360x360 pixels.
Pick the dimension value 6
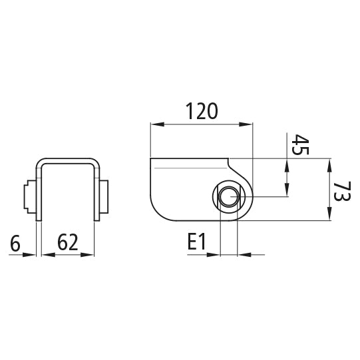coord(16,243)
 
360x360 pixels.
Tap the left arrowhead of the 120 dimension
coord(155,124)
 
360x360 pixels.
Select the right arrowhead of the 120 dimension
coord(249,124)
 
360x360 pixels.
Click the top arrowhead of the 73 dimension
coord(330,163)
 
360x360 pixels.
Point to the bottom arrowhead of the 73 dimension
coord(330,216)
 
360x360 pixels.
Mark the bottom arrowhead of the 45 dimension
coord(287,192)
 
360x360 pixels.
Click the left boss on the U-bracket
coord(29,198)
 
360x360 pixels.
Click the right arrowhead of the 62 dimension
coord(93,254)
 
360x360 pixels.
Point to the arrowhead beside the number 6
coord(31,254)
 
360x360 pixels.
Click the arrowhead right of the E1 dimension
coord(244,254)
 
